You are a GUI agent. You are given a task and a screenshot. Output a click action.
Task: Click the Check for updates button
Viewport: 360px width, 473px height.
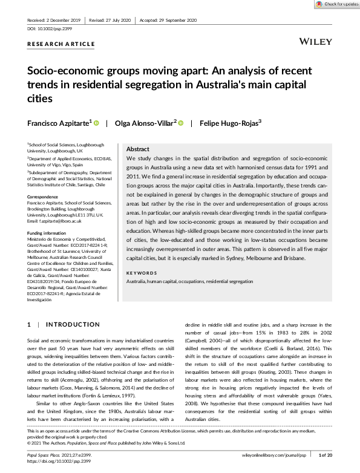[336, 4]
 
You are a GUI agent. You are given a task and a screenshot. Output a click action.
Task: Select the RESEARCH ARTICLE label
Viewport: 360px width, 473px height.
[61, 44]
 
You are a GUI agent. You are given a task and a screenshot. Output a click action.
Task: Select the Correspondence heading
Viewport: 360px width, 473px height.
[44, 197]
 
